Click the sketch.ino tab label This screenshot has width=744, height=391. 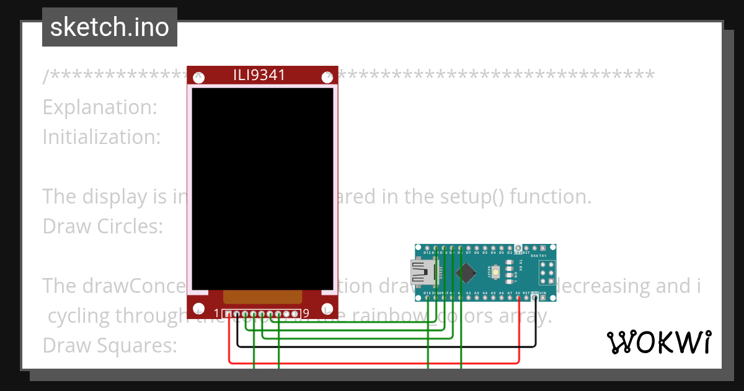110,27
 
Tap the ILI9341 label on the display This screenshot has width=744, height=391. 259,75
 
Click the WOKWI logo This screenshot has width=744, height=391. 658,342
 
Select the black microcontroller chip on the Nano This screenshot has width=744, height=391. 466,272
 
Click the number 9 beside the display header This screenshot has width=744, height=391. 306,313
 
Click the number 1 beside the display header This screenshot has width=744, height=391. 216,313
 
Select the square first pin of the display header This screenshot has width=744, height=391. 229,314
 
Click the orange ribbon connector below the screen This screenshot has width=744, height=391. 262,297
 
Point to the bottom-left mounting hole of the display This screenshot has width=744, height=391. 199,308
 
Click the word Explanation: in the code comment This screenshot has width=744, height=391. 100,107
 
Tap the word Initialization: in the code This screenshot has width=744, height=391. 101,137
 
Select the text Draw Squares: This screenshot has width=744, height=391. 110,344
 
